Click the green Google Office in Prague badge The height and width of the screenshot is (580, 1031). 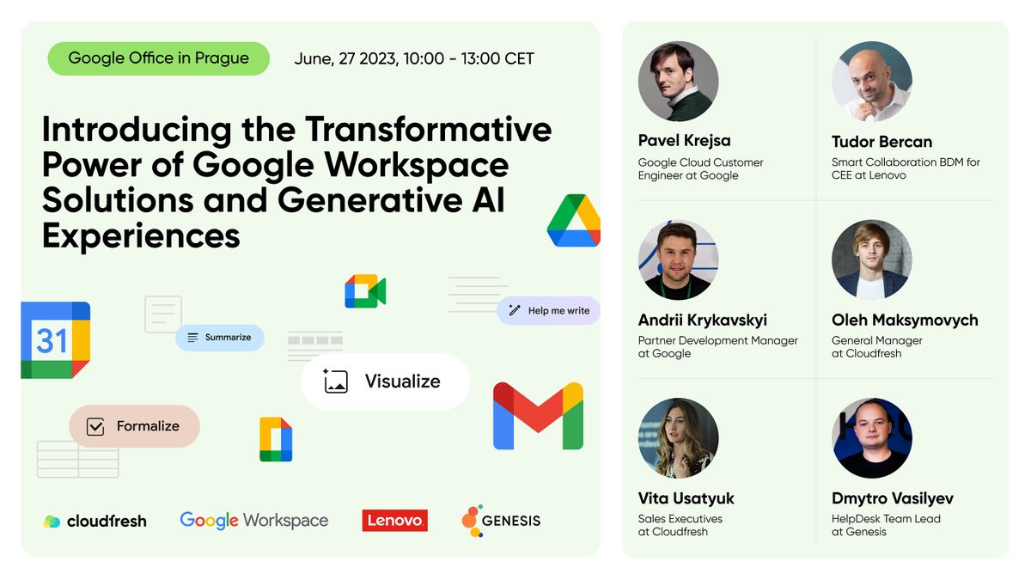click(158, 58)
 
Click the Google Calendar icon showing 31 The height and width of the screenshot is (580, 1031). click(55, 340)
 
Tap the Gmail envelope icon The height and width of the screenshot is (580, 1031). click(538, 416)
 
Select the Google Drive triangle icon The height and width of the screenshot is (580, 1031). click(573, 222)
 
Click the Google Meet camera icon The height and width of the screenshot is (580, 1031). click(365, 291)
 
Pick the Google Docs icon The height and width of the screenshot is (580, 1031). click(276, 439)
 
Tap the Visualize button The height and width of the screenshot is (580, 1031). click(385, 382)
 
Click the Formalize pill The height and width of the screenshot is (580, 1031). click(134, 426)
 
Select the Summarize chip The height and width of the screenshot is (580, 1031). click(219, 338)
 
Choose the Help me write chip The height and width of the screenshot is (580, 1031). click(548, 310)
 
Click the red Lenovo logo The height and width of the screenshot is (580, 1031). click(394, 520)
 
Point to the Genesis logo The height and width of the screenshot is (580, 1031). click(501, 520)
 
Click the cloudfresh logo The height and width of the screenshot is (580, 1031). click(95, 521)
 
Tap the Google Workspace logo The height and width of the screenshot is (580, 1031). click(253, 520)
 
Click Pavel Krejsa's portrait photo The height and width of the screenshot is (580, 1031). click(678, 82)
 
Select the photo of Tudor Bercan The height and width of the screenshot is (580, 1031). click(871, 82)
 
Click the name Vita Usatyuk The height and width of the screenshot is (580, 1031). click(686, 498)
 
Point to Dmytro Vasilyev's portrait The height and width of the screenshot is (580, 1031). click(871, 438)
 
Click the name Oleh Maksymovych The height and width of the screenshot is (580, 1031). click(905, 320)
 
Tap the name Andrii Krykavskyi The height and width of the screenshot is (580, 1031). click(702, 320)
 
